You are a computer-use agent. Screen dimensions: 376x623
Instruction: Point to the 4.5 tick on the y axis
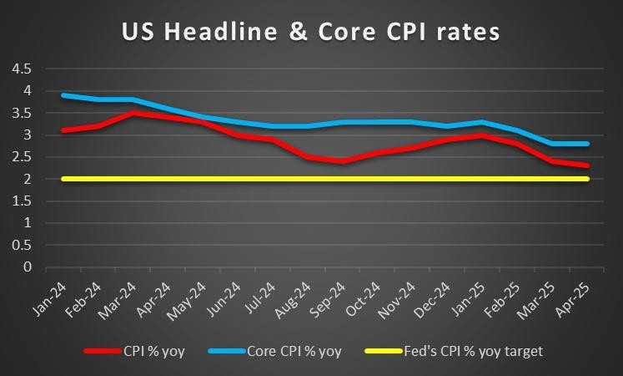(21, 68)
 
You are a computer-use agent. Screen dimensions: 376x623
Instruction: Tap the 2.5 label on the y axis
(21, 156)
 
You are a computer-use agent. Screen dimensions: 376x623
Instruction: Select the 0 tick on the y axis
(28, 267)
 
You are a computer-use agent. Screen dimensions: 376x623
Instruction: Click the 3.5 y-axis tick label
(21, 112)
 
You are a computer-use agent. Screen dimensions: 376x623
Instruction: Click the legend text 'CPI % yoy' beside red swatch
(167, 351)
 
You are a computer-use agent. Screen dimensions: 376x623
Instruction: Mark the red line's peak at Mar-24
(133, 113)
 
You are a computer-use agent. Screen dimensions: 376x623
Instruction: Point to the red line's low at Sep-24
(341, 161)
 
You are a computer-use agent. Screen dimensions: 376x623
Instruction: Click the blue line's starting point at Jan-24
(63, 95)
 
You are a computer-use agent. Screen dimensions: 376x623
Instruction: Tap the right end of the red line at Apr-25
(586, 165)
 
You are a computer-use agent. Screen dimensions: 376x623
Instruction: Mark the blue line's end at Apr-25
(586, 144)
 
